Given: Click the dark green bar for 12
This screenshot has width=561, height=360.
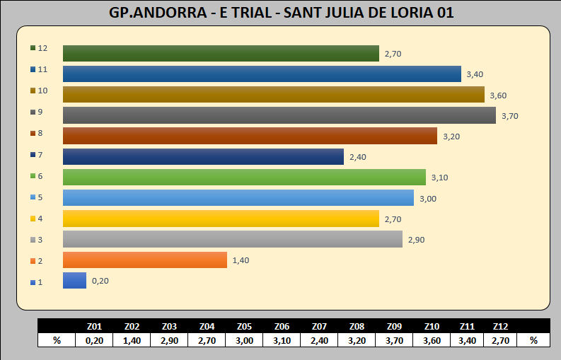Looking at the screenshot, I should (221, 53).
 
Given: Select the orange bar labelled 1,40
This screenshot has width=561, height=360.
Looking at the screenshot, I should (145, 260).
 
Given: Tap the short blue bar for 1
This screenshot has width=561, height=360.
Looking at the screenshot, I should (74, 280).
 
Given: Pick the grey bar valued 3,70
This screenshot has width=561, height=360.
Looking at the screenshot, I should (279, 115).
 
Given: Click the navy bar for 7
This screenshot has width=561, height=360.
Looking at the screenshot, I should (203, 156).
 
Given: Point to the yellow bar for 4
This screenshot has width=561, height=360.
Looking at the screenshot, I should (221, 219).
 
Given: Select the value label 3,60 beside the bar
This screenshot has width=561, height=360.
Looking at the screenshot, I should (498, 95).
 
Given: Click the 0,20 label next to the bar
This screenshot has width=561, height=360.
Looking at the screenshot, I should (100, 281).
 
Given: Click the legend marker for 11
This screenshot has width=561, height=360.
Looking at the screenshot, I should (33, 69).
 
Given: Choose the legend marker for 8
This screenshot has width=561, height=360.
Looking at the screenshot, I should (33, 132).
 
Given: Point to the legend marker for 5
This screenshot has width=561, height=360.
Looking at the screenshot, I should (33, 197).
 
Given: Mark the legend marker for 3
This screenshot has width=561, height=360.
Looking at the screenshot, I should (33, 240).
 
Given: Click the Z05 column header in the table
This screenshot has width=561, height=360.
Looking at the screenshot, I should (244, 326).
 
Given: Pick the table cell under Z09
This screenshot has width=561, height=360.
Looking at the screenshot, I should (394, 340).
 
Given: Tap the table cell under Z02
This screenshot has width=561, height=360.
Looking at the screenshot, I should (132, 340).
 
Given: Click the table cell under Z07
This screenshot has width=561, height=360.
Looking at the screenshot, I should (319, 340).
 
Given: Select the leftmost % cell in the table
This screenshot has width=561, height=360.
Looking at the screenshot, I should (57, 340).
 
